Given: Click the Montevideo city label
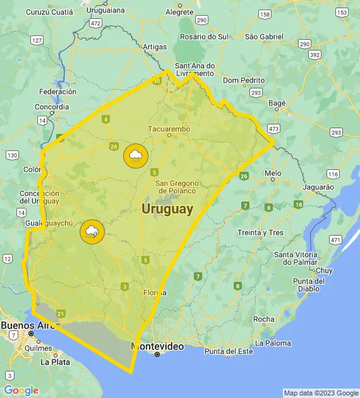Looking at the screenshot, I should pyautogui.click(x=157, y=347).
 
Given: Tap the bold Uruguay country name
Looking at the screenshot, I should pyautogui.click(x=167, y=210).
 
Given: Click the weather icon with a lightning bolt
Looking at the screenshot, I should pyautogui.click(x=92, y=232).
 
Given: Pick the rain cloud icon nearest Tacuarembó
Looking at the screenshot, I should pyautogui.click(x=135, y=155).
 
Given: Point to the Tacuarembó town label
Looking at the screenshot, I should pyautogui.click(x=169, y=129).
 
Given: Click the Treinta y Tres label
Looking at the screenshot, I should pyautogui.click(x=260, y=232).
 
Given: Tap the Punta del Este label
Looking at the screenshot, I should pyautogui.click(x=229, y=351).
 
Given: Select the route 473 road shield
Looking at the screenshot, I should pyautogui.click(x=273, y=129).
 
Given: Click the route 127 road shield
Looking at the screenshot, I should pyautogui.click(x=37, y=40).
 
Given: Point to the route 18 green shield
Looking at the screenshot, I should pyautogui.click(x=298, y=205).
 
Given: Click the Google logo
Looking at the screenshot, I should pyautogui.click(x=21, y=390).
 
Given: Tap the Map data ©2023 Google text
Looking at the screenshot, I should pyautogui.click(x=320, y=393).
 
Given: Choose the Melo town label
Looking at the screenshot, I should pyautogui.click(x=273, y=172).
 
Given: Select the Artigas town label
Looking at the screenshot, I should pyautogui.click(x=155, y=47).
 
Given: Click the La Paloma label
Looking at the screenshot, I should pyautogui.click(x=273, y=343).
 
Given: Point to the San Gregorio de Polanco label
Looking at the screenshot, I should pyautogui.click(x=177, y=186).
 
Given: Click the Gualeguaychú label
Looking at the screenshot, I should pyautogui.click(x=49, y=223).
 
